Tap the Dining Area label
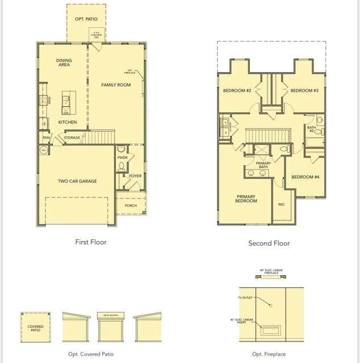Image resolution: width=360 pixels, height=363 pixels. (x=64, y=62)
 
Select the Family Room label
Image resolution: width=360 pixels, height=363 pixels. (x=116, y=85)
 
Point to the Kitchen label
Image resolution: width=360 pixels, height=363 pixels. (x=67, y=122)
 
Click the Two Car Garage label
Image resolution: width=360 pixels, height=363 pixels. (x=77, y=181)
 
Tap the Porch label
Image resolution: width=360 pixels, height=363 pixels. (x=131, y=205)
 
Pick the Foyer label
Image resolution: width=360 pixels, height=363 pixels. (x=135, y=176)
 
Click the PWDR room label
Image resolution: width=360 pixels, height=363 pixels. (x=122, y=158)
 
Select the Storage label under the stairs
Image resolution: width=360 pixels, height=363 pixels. (x=72, y=138)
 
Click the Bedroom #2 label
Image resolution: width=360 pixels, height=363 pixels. (x=237, y=91)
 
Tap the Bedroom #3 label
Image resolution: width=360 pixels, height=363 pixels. (x=304, y=91)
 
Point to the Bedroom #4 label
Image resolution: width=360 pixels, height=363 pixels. (x=305, y=177)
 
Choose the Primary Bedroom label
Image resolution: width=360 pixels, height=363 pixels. (x=246, y=199)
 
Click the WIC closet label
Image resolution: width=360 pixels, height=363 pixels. (x=282, y=204)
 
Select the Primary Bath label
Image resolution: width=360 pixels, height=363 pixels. (x=263, y=165)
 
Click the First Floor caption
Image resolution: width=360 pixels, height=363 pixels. (x=91, y=242)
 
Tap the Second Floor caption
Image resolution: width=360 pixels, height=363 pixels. (x=269, y=243)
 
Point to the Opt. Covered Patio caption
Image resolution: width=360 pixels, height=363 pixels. (x=91, y=354)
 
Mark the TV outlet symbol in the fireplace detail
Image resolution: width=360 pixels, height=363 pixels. (x=271, y=305)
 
